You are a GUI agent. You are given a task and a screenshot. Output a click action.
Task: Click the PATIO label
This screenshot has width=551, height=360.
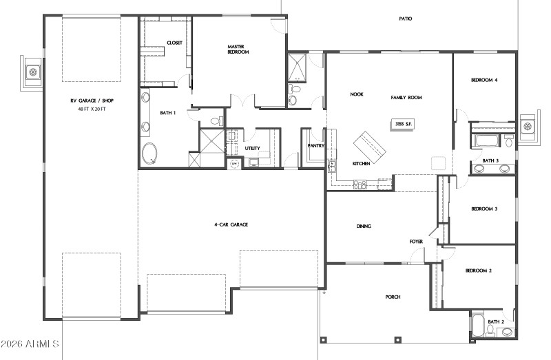(405, 19)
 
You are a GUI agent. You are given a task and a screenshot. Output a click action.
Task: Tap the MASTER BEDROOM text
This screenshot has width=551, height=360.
(238, 49)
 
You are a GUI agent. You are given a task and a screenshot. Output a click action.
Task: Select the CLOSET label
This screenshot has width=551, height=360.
(174, 43)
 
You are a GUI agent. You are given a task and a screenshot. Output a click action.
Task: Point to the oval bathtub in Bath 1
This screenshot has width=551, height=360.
(149, 153)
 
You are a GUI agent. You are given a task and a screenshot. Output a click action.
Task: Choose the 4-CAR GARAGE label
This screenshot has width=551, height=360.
(231, 224)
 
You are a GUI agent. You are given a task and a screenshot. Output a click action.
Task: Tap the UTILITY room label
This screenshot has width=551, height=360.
(252, 148)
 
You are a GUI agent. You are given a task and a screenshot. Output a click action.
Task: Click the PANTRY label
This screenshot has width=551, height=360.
(315, 146)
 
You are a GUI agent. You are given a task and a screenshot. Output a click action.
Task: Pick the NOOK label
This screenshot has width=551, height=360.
(357, 94)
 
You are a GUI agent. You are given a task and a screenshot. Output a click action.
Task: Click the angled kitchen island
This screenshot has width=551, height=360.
(371, 145)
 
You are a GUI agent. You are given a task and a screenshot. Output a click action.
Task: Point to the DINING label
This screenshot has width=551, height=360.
(364, 226)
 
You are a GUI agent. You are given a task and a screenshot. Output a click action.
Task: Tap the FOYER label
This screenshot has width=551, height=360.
(416, 242)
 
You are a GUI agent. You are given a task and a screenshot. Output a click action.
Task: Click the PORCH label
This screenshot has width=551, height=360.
(393, 297)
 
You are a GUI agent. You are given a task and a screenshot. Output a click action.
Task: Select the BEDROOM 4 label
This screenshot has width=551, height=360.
(484, 80)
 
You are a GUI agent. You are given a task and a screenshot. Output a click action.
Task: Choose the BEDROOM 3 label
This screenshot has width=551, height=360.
(484, 209)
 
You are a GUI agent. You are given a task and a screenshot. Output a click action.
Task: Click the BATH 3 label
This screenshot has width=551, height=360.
(490, 160)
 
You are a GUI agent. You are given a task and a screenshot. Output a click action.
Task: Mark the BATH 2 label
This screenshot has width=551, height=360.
(496, 321)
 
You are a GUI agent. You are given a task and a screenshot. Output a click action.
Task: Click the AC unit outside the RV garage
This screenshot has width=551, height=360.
(32, 71)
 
